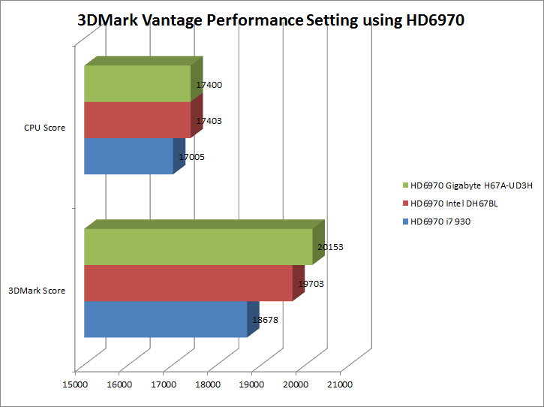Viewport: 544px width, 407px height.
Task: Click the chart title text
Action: tap(271, 20)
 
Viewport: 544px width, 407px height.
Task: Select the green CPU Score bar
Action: tap(137, 83)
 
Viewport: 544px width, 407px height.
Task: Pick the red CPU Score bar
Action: tap(137, 119)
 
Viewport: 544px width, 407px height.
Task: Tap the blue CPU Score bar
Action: tap(128, 155)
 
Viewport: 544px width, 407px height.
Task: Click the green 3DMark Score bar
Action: tap(198, 247)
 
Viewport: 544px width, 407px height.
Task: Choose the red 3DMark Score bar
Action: tap(188, 283)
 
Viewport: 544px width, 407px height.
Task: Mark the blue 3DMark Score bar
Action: tap(165, 319)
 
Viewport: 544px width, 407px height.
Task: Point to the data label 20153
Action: tap(331, 247)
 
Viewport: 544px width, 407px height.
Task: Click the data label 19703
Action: tap(310, 285)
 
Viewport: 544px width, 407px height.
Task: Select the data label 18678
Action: tap(266, 320)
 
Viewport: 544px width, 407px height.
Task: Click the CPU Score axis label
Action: tap(44, 128)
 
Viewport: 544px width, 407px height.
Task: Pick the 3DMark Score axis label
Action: tap(37, 291)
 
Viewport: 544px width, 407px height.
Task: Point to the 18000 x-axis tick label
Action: tap(207, 384)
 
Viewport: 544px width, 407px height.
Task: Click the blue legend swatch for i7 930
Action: tap(406, 222)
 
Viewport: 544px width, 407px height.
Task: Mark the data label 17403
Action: tap(209, 121)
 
